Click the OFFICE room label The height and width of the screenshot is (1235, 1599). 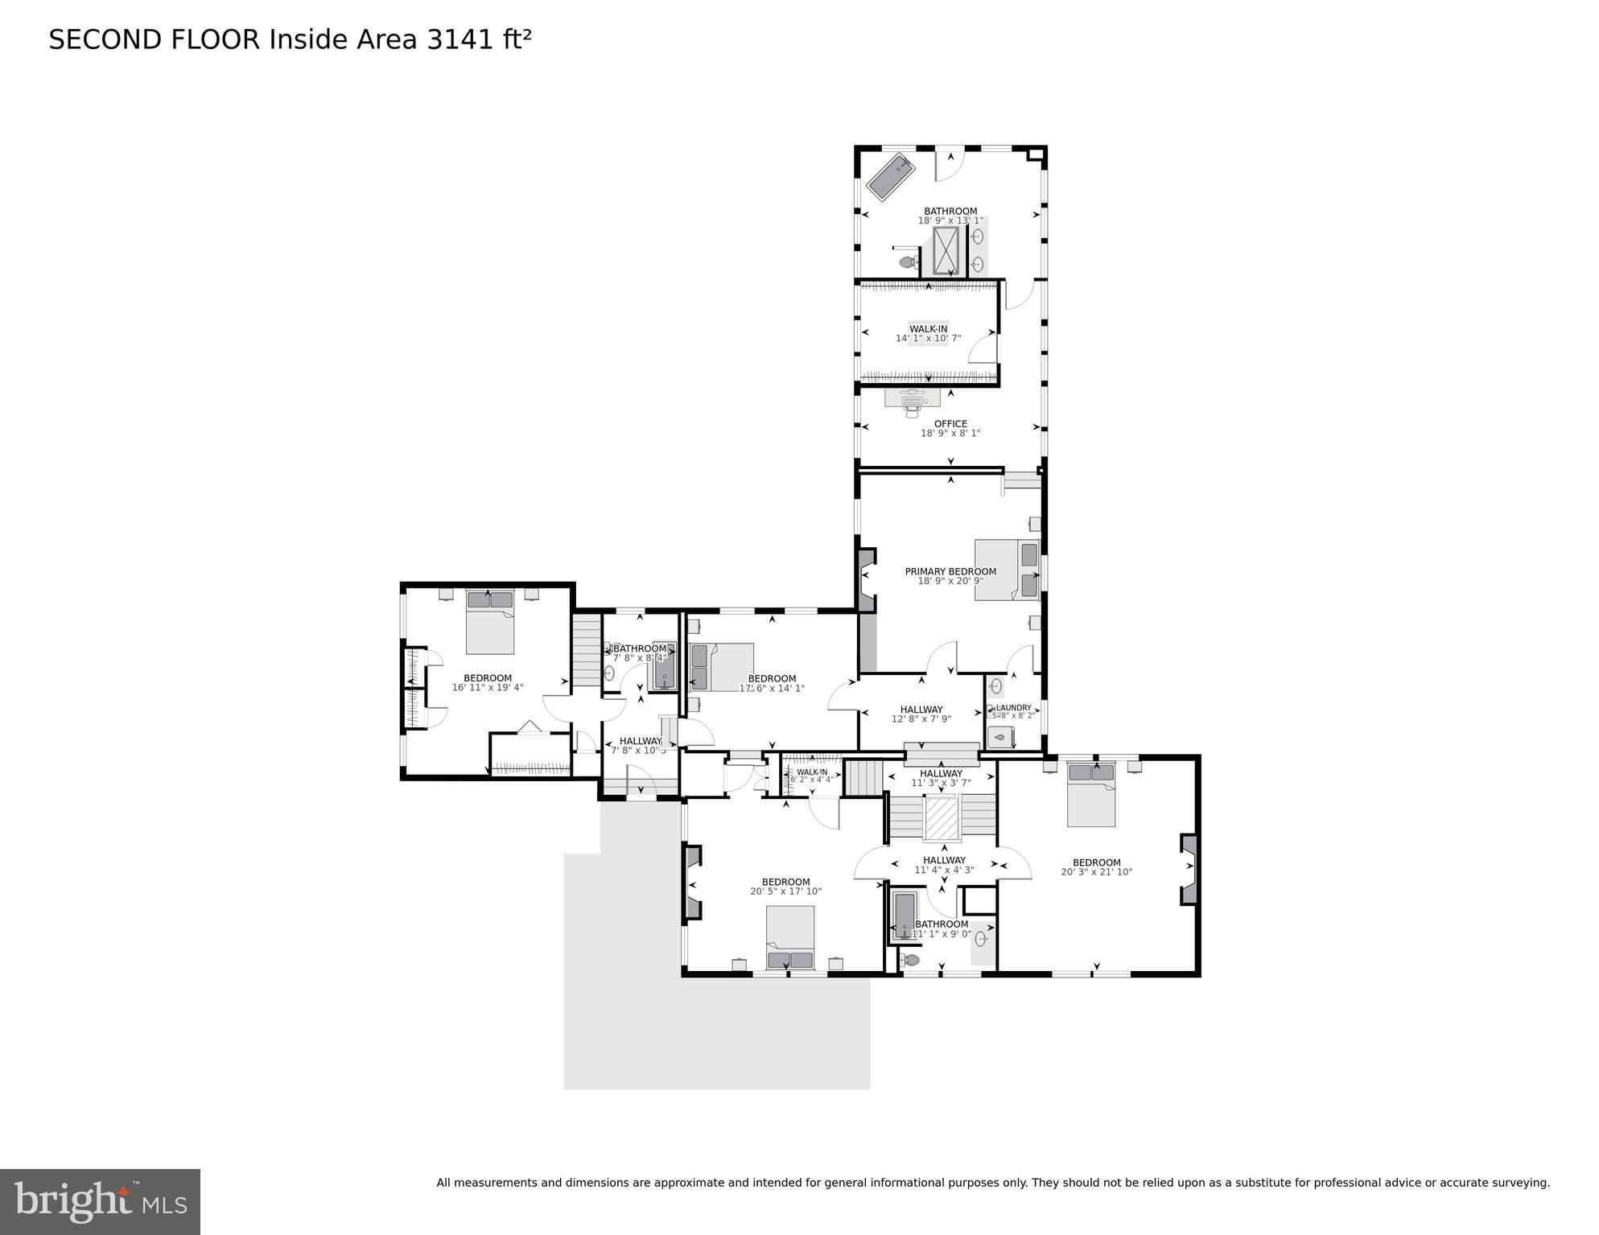tap(950, 424)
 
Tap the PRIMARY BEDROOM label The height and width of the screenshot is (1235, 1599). tap(950, 571)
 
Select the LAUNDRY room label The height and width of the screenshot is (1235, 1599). tap(1013, 708)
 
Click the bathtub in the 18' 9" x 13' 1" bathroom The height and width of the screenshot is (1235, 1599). tap(890, 178)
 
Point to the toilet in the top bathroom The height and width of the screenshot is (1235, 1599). tap(908, 262)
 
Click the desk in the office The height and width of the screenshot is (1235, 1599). tap(913, 397)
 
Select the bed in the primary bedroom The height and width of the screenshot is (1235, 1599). tap(1006, 570)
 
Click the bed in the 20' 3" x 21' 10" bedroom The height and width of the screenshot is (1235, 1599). tap(1091, 794)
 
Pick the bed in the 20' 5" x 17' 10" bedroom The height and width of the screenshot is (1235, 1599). tap(790, 937)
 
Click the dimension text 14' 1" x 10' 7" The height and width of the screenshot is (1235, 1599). tap(928, 338)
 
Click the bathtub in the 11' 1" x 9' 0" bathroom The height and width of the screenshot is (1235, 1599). tap(905, 915)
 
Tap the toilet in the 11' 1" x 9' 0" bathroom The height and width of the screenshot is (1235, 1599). tap(909, 959)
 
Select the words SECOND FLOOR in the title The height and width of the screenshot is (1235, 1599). tap(155, 39)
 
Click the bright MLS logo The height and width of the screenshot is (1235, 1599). tap(100, 1201)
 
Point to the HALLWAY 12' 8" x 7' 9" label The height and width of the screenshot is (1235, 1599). tap(921, 714)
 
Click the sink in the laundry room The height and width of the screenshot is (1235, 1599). tap(996, 686)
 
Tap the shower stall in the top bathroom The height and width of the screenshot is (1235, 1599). tap(946, 250)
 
